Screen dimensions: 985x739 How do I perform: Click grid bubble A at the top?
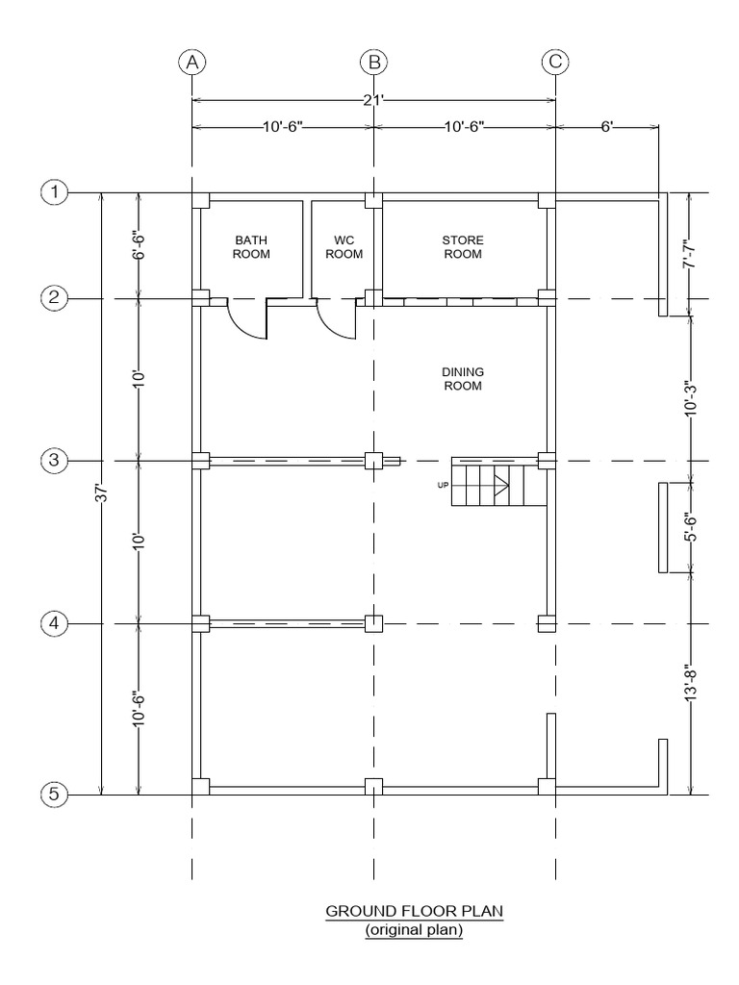coord(192,63)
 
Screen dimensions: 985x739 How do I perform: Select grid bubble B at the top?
coord(373,63)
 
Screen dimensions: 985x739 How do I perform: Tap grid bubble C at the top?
coord(555,63)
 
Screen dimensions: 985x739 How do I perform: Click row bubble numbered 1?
coord(55,192)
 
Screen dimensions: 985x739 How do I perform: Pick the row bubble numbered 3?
coord(55,461)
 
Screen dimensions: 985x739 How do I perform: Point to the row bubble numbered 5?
coord(55,795)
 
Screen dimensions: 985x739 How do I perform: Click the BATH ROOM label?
coord(251,247)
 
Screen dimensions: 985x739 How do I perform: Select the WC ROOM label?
coord(344,247)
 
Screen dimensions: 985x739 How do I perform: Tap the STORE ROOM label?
coord(462,247)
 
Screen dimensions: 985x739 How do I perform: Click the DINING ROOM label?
coord(462,378)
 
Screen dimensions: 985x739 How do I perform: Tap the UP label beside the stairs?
coord(444,485)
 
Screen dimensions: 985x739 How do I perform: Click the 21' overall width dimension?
coord(373,99)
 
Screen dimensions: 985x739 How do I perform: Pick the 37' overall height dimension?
coord(102,493)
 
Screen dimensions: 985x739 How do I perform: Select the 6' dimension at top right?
coord(607,127)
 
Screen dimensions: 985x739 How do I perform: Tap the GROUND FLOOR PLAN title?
coord(414,910)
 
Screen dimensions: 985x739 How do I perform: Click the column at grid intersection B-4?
coord(373,624)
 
